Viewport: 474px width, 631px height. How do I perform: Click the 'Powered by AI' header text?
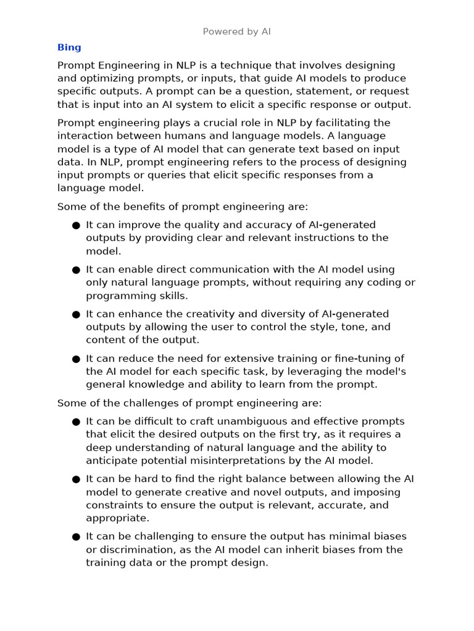[x=236, y=31]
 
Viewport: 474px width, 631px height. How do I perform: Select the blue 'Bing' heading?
[x=69, y=47]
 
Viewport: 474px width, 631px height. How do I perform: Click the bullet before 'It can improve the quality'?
[x=76, y=226]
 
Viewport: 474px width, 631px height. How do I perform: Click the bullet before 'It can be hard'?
[x=76, y=479]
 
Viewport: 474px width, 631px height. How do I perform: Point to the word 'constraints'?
[x=114, y=505]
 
